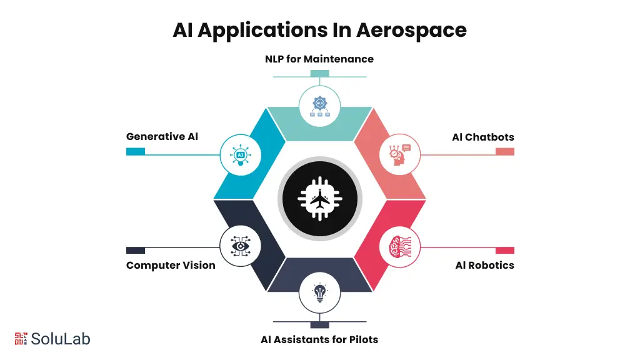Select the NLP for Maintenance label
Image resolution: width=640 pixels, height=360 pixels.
click(319, 59)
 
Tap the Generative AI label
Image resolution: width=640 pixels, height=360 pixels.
click(162, 136)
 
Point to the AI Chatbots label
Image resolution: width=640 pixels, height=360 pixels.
click(483, 137)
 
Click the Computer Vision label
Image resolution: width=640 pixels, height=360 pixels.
click(171, 265)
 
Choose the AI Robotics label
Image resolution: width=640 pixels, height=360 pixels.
click(484, 265)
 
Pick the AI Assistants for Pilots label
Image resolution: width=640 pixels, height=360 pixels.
click(319, 339)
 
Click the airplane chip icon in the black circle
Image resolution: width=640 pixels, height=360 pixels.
click(320, 200)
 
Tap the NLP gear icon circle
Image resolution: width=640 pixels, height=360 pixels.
click(320, 104)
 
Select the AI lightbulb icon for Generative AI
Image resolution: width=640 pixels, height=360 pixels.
click(240, 154)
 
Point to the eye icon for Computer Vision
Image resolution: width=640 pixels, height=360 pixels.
click(240, 246)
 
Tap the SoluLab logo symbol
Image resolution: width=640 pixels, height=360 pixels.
click(21, 338)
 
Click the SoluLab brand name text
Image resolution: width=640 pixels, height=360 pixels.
click(61, 339)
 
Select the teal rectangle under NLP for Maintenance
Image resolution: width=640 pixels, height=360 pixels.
click(319, 74)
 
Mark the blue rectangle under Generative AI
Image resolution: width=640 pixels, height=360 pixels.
click(136, 151)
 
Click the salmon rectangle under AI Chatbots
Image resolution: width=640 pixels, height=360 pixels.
click(505, 151)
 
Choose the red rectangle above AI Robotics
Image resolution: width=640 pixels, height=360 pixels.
click(505, 250)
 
